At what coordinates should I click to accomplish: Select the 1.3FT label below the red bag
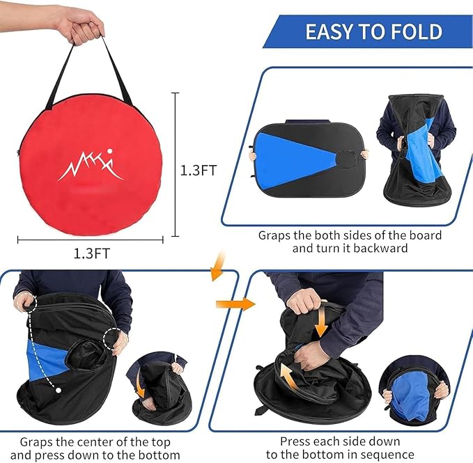[x=91, y=253]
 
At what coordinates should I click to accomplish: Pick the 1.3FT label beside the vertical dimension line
[x=199, y=170]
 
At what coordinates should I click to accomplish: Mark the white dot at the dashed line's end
[x=58, y=390]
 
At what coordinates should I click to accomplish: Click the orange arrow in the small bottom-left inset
[x=144, y=387]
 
